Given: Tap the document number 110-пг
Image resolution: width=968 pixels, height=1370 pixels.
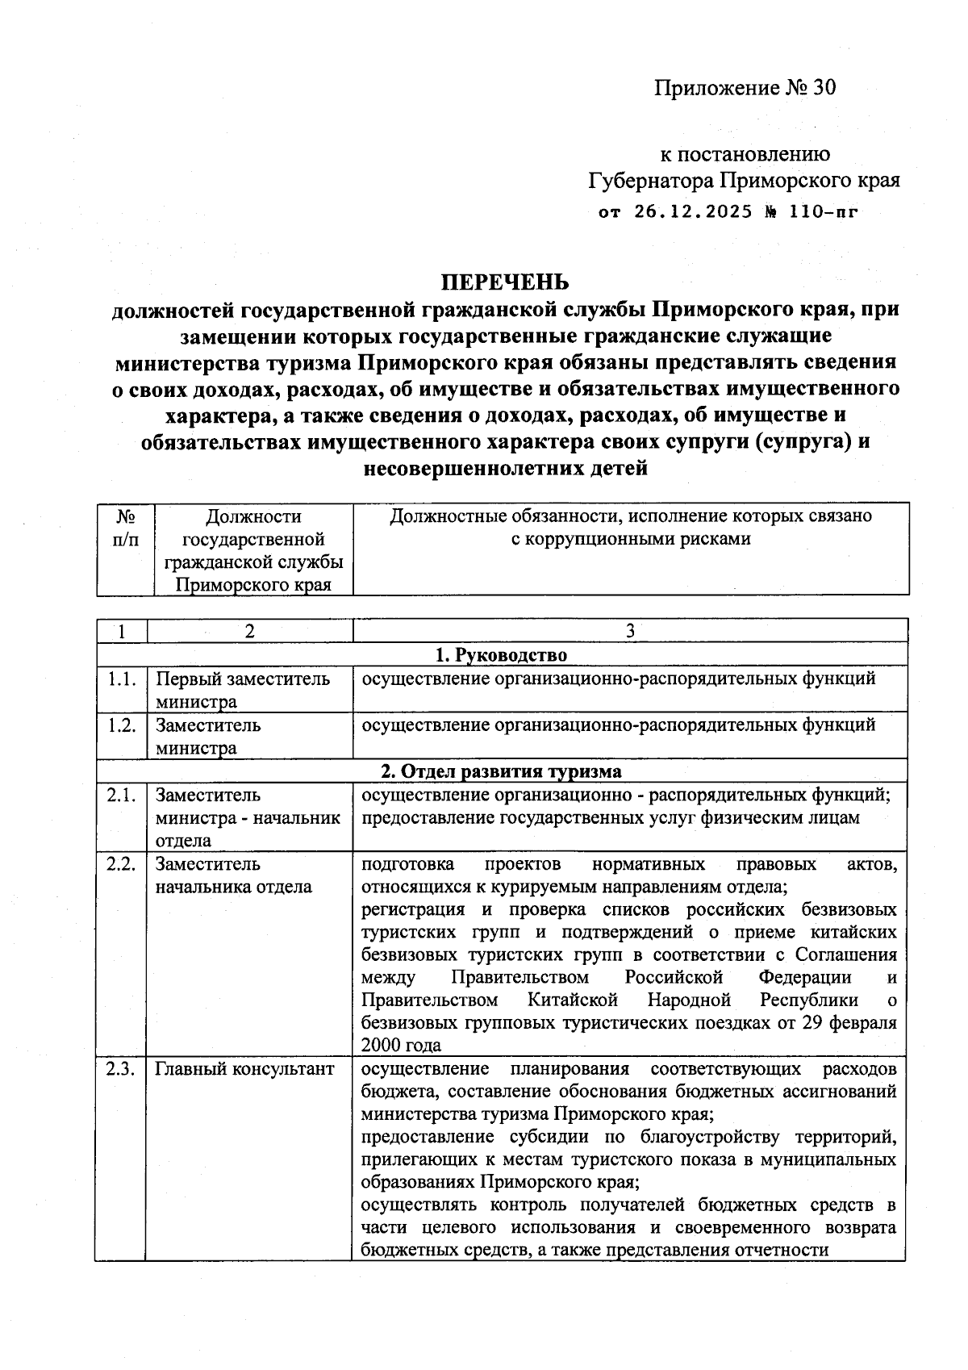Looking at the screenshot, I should (823, 212).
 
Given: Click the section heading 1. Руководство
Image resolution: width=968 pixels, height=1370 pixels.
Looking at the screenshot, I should (502, 654).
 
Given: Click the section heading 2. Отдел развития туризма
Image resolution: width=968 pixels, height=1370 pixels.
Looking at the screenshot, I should (502, 771).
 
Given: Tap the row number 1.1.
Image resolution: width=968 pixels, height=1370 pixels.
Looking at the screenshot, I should (121, 679).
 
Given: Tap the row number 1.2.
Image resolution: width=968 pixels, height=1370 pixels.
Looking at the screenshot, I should (121, 725).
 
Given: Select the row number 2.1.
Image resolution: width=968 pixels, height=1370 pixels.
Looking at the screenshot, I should (121, 795).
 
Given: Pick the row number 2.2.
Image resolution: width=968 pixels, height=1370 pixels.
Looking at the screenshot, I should (121, 864).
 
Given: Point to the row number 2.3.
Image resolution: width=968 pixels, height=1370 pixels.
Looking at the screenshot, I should (121, 1069).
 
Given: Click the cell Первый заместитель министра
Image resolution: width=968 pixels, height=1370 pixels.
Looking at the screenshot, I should (242, 690).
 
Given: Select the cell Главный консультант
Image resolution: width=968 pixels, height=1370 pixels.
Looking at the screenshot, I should (244, 1070).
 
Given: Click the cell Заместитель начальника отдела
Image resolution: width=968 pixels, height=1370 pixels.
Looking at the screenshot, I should (234, 875).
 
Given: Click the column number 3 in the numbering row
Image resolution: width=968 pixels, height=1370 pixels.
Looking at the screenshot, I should (630, 631).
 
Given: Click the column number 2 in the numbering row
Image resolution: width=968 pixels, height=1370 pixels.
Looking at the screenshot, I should (250, 631).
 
